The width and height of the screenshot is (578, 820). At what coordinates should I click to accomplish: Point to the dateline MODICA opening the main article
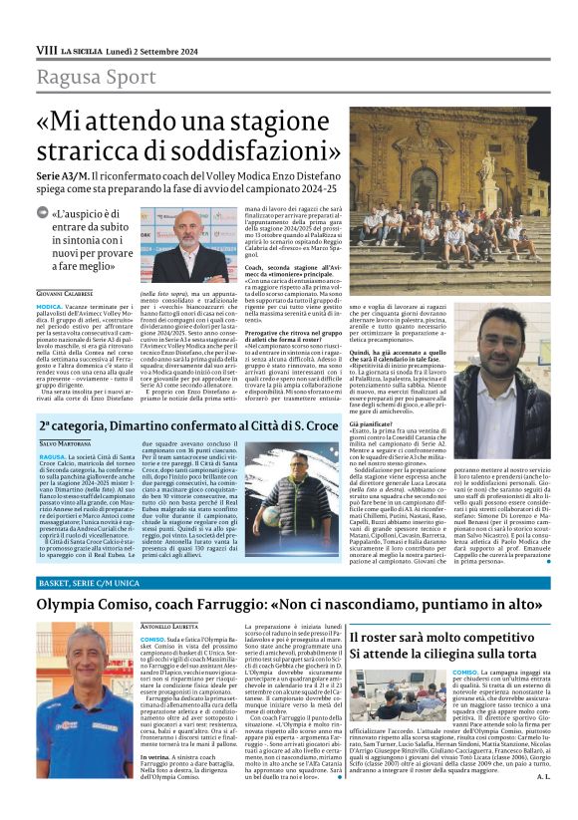coord(52,308)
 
